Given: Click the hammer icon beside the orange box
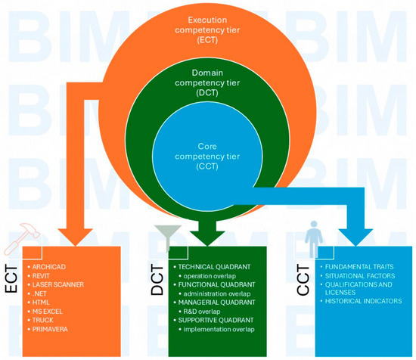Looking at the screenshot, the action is click(x=21, y=239).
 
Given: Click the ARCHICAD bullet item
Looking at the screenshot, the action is click(x=49, y=267).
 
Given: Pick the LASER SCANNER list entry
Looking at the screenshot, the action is click(x=57, y=284).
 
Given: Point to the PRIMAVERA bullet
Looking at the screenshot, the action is click(x=50, y=329).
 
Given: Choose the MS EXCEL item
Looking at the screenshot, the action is click(x=47, y=311).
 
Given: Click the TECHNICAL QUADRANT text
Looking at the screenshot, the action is click(x=214, y=267).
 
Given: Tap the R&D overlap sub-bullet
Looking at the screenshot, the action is click(x=202, y=312).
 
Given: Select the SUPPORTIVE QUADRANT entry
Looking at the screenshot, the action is click(x=216, y=320).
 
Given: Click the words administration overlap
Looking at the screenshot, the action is click(x=217, y=293).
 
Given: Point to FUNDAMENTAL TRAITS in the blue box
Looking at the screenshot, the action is click(x=359, y=267).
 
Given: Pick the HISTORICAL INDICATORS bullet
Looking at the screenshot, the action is click(x=363, y=301).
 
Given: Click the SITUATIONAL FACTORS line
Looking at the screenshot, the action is click(x=360, y=276).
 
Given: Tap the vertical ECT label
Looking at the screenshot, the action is click(x=11, y=279).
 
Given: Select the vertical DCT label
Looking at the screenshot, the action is click(x=157, y=280).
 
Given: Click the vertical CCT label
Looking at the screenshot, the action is click(x=303, y=280).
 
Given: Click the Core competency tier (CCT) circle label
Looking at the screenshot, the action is click(x=207, y=157).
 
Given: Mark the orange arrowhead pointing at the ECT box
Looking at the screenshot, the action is click(x=76, y=237).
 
